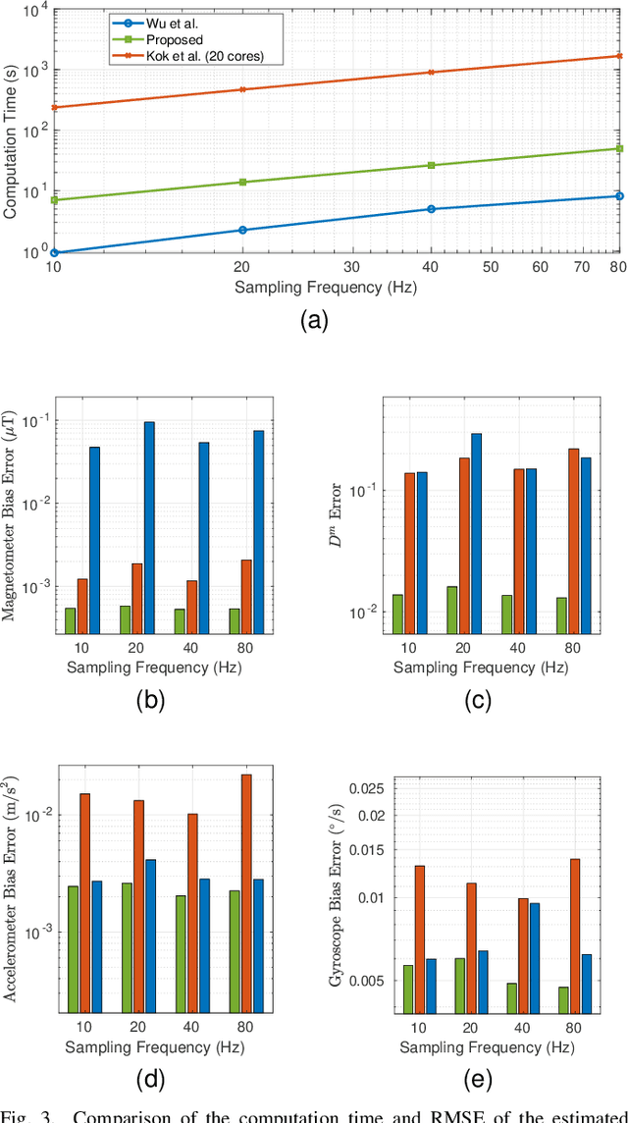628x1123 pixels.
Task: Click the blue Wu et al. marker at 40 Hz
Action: point(431,209)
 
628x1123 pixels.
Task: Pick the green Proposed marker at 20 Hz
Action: point(242,182)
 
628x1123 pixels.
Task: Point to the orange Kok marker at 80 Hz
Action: point(619,56)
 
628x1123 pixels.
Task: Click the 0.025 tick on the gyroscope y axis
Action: point(365,787)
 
